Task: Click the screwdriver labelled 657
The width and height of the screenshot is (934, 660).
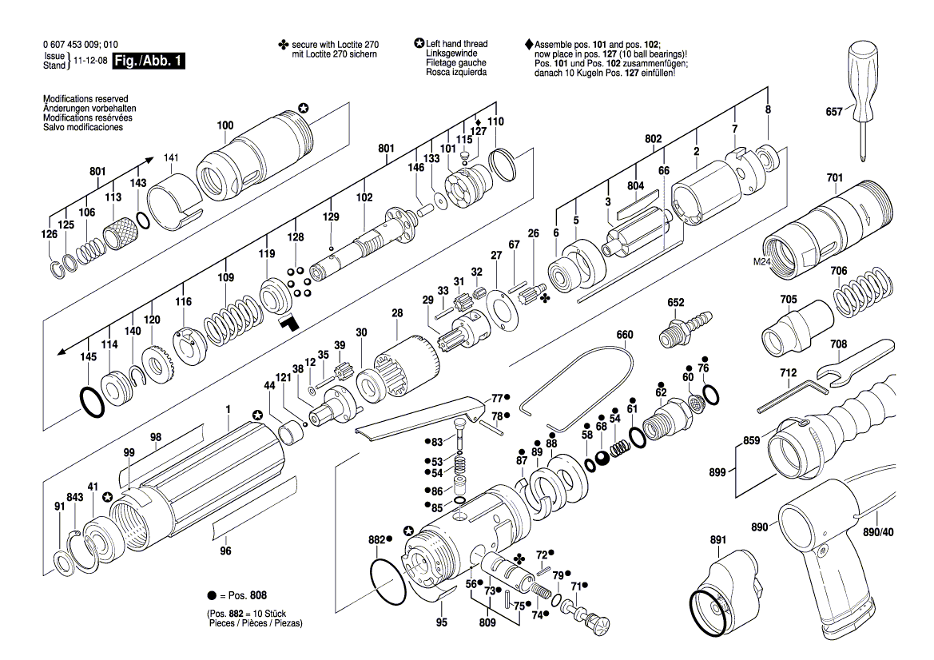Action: tap(864, 88)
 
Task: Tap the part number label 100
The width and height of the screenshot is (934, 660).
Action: tap(225, 125)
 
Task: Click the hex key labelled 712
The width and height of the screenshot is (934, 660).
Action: tap(788, 395)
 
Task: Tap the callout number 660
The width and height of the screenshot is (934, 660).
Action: tap(624, 335)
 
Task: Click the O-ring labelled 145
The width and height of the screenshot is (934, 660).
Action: tap(92, 399)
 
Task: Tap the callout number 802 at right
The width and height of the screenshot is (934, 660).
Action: tap(653, 139)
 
